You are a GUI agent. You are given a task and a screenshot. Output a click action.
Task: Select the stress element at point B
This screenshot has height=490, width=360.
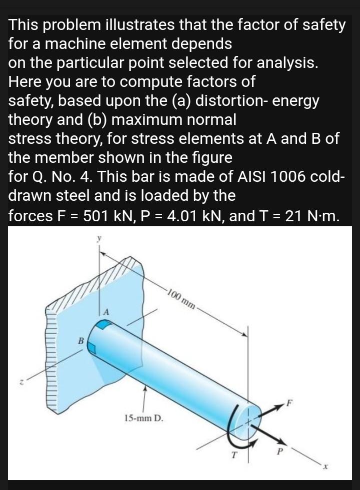(x=92, y=347)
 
